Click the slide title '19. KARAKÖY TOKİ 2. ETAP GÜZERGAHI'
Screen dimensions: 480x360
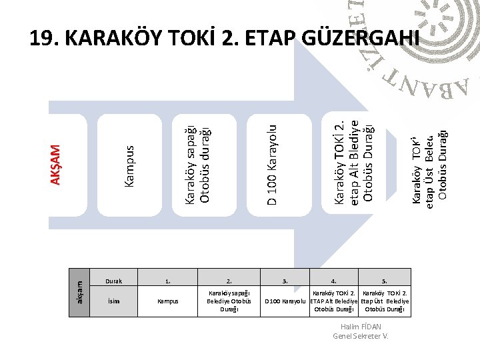click(225, 39)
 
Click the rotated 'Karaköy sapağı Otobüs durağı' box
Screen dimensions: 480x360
click(198, 160)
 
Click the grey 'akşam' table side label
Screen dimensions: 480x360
click(79, 289)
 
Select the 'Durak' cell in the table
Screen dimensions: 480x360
click(114, 280)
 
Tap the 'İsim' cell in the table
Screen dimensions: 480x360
click(114, 301)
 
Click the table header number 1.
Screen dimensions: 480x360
click(167, 280)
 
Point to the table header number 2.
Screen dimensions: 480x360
click(229, 280)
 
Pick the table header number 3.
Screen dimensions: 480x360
click(285, 280)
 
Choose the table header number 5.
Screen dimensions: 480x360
click(384, 280)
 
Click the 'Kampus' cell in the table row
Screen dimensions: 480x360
click(167, 301)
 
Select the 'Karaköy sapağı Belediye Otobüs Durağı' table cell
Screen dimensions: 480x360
click(229, 301)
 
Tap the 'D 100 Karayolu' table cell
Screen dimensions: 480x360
click(286, 301)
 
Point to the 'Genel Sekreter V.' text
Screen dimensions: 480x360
click(360, 335)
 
